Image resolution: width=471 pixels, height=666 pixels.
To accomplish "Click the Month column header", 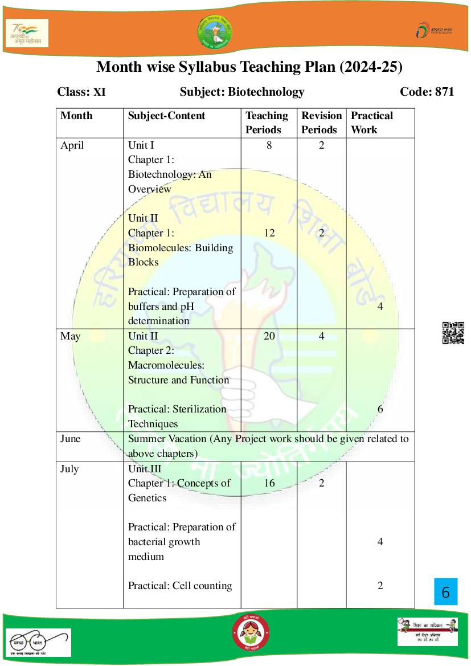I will [76, 116].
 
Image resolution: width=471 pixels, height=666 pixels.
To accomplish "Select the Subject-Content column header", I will [166, 116].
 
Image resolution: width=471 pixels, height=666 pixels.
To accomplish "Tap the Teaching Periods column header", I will [267, 122].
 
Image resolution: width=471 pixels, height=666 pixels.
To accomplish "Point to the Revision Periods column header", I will [321, 122].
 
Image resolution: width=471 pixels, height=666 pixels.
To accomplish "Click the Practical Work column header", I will [372, 122].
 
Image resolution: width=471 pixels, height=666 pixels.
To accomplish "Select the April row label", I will [72, 145].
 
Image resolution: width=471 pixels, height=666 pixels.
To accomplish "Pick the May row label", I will [71, 336].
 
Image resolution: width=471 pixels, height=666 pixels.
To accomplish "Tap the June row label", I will [71, 439].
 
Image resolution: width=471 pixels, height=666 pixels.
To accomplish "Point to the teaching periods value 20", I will [269, 336].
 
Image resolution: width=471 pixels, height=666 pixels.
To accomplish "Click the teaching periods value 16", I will [269, 483].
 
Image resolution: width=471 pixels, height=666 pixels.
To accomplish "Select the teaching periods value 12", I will [269, 232].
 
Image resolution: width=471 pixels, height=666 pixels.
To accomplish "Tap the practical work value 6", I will [380, 409].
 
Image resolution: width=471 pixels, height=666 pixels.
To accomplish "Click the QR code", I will [453, 333].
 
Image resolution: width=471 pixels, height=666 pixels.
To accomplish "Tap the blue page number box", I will [445, 593].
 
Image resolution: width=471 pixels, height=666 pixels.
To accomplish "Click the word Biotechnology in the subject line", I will [266, 92].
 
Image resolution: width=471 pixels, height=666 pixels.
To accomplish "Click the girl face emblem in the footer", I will [251, 632].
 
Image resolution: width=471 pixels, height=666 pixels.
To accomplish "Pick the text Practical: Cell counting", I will [180, 586].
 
